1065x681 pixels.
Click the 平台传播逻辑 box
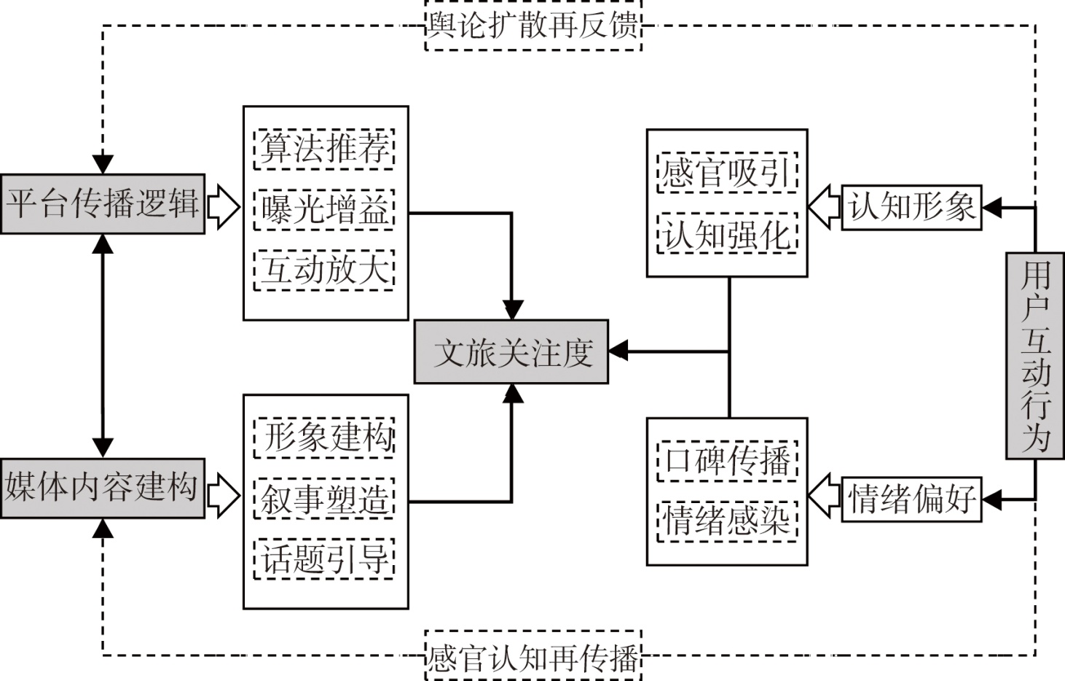pos(103,203)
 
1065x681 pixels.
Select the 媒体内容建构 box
pos(103,488)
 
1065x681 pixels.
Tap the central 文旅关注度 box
pos(511,352)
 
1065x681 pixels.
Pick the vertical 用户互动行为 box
pos(1035,356)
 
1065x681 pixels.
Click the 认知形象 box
pos(911,208)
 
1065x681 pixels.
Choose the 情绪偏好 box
pos(911,499)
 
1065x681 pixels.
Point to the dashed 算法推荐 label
pos(324,149)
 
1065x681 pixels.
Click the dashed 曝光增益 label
pos(324,210)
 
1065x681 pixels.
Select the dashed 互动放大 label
pos(324,270)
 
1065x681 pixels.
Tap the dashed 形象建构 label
pos(324,437)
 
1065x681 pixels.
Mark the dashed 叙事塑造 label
pos(324,499)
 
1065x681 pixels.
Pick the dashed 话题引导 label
pos(324,559)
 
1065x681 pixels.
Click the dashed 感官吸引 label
pos(727,173)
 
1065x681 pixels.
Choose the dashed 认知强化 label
pos(727,233)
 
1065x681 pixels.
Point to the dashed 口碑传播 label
pos(727,461)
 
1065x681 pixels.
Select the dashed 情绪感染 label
pos(727,521)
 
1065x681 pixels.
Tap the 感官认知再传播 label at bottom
pos(533,656)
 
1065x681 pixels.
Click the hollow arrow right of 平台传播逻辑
pos(223,206)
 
